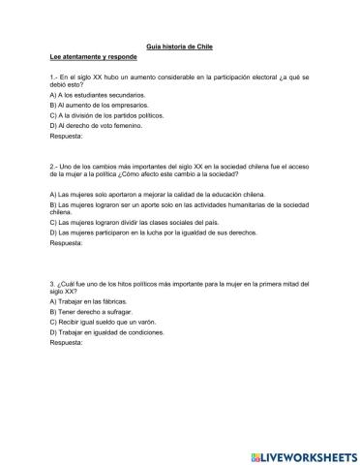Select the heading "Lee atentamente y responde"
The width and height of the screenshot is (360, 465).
(91, 58)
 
